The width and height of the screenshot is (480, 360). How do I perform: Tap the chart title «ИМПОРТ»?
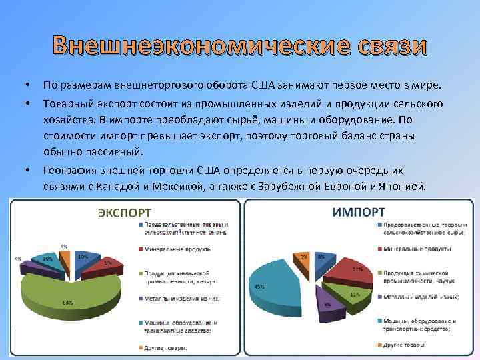[358, 211]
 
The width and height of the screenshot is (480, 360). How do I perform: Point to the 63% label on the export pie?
[67, 303]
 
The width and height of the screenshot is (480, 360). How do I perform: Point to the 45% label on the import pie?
[259, 286]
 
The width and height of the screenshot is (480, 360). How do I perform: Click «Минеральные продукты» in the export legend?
[174, 249]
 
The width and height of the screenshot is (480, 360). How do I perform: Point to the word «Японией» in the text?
[401, 187]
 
